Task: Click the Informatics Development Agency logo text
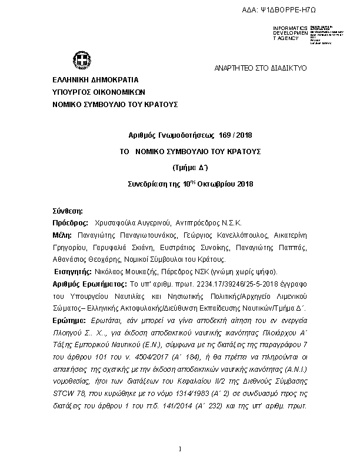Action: (290, 33)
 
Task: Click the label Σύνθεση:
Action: (68, 211)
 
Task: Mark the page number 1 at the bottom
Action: (181, 450)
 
